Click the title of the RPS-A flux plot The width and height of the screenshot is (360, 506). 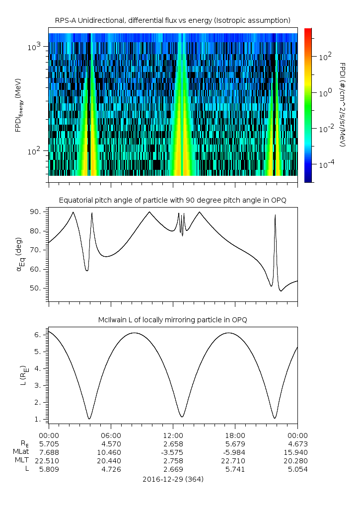coord(172,20)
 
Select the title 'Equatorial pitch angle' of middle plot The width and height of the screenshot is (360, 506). coord(172,200)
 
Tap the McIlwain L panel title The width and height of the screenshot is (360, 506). coord(172,320)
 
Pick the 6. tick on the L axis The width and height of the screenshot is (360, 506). coord(41,335)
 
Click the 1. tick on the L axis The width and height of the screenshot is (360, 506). coord(41,419)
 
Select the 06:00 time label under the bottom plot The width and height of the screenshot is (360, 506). coord(111,435)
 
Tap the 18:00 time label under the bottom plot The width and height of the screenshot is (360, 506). coord(235,435)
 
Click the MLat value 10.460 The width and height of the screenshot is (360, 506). coord(111,452)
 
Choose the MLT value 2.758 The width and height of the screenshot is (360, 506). coord(173,460)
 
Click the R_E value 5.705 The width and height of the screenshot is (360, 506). coord(49,443)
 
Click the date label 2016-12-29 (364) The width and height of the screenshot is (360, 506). coord(172,479)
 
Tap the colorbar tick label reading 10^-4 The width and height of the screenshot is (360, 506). coord(325,163)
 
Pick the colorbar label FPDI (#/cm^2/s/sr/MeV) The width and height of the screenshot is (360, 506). coord(343,105)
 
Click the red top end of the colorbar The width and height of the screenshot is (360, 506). coord(308,31)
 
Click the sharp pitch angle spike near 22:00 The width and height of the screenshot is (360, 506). coord(275,217)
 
